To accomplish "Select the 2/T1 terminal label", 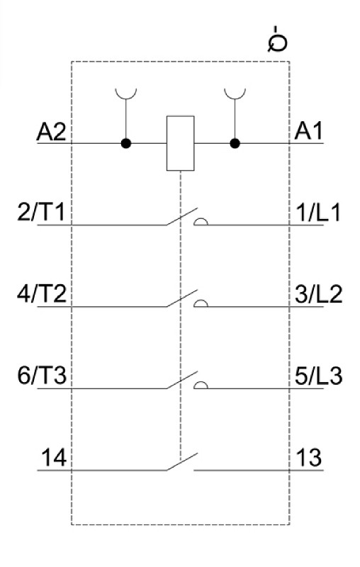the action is click(41, 212).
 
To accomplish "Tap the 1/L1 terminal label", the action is click(317, 213).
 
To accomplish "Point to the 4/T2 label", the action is click(42, 294).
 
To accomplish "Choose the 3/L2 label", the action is click(318, 294).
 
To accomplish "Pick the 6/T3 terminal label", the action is click(42, 376).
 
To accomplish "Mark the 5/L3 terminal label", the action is click(318, 376).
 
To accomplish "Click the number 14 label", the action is click(54, 458).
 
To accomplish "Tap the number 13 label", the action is click(309, 458).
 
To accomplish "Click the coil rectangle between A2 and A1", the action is click(181, 143).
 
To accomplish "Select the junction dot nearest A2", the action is click(125, 144).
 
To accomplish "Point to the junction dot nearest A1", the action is click(235, 144).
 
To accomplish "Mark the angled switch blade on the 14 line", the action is click(182, 461).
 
